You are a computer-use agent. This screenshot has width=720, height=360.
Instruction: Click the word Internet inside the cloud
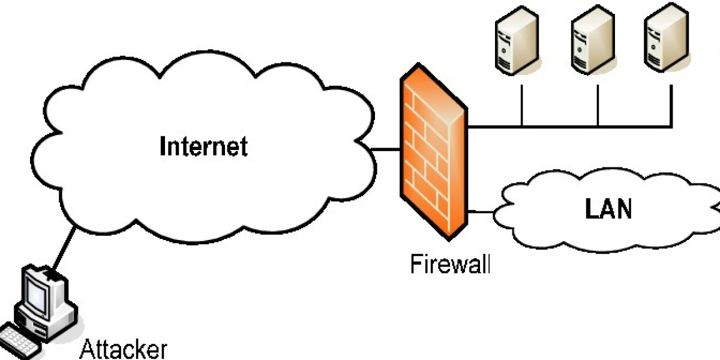203,146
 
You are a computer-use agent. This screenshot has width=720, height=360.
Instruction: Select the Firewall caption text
450,265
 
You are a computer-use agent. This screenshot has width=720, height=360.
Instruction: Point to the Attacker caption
124,349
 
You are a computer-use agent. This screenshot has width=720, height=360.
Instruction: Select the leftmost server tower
515,42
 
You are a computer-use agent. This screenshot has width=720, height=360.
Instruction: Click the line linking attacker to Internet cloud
63,249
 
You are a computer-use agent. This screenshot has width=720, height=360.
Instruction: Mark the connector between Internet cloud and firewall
387,148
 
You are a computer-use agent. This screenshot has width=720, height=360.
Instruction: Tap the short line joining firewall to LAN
480,211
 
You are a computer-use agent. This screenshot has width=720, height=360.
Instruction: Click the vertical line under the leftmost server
522,105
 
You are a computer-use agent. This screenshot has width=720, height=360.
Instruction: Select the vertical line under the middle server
598,105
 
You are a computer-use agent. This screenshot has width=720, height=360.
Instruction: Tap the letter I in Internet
163,146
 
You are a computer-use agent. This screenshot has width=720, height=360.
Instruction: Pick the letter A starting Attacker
87,349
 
